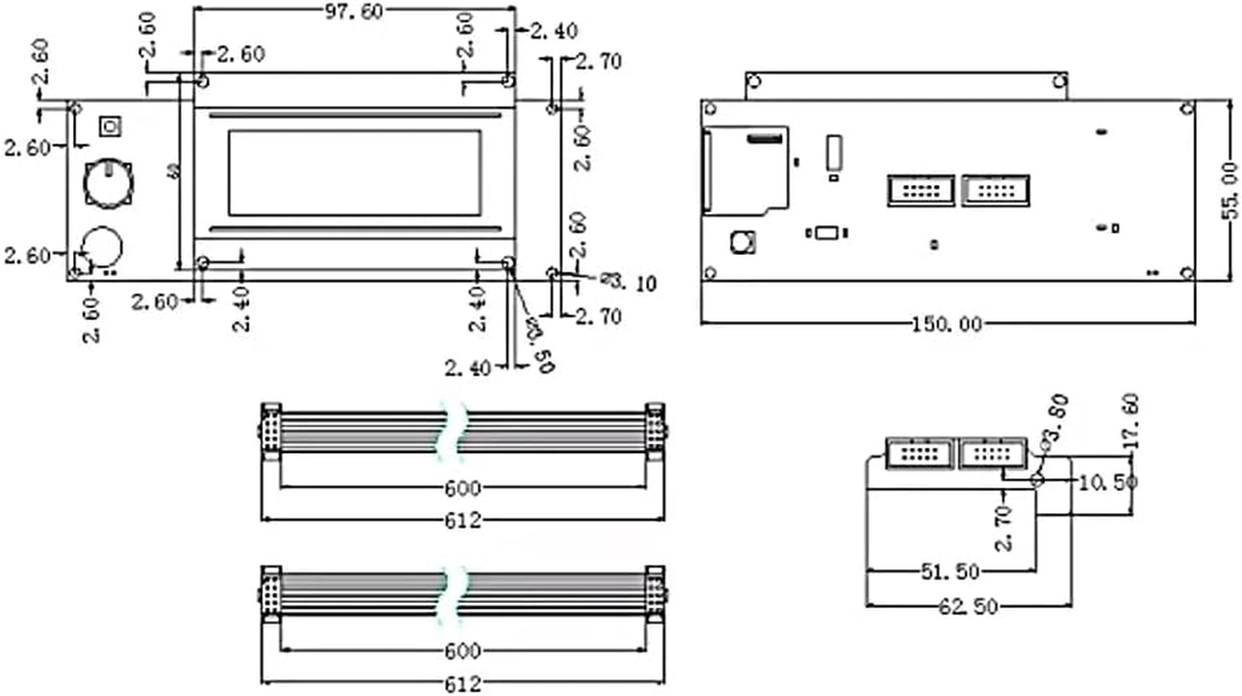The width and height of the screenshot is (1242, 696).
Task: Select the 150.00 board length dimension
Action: [947, 325]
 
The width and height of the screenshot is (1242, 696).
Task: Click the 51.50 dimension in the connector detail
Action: [950, 572]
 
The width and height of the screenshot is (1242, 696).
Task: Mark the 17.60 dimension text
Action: [1132, 422]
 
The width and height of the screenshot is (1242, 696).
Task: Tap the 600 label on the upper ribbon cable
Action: [462, 487]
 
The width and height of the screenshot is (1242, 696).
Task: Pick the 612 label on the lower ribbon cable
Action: [462, 684]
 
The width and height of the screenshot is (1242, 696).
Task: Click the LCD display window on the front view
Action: [354, 172]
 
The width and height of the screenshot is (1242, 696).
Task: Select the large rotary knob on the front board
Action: [109, 184]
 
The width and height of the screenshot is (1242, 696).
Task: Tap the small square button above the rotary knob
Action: [110, 126]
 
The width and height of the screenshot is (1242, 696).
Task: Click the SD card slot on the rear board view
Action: [745, 170]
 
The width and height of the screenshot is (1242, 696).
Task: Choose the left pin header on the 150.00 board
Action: [921, 191]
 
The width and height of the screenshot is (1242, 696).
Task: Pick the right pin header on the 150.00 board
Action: [995, 191]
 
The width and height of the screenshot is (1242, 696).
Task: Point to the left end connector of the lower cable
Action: [270, 594]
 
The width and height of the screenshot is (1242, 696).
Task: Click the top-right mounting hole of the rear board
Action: [1187, 109]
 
